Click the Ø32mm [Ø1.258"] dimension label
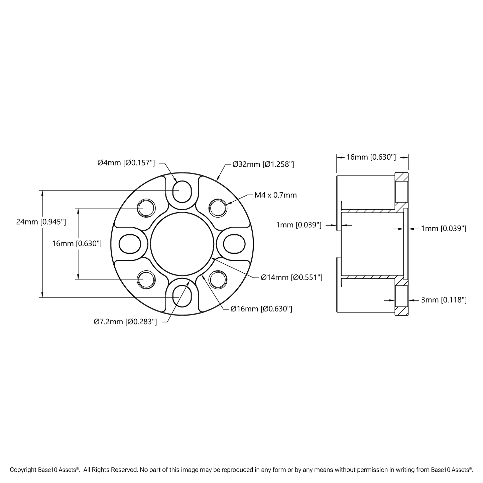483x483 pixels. click(263, 164)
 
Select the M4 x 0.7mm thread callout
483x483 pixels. click(275, 195)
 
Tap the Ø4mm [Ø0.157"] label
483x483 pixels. click(126, 163)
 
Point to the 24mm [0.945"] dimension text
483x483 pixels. click(41, 221)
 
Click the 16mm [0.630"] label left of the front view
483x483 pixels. click(77, 244)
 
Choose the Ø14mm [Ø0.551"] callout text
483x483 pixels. click(291, 277)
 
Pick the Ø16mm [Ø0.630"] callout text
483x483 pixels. click(261, 309)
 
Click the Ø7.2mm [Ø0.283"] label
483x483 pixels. click(125, 322)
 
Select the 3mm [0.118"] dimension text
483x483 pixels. click(444, 300)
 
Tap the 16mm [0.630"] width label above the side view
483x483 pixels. click(371, 157)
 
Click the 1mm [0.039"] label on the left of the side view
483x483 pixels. click(298, 225)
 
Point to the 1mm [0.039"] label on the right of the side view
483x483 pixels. click(444, 229)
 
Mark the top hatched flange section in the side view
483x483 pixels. click(401, 176)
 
